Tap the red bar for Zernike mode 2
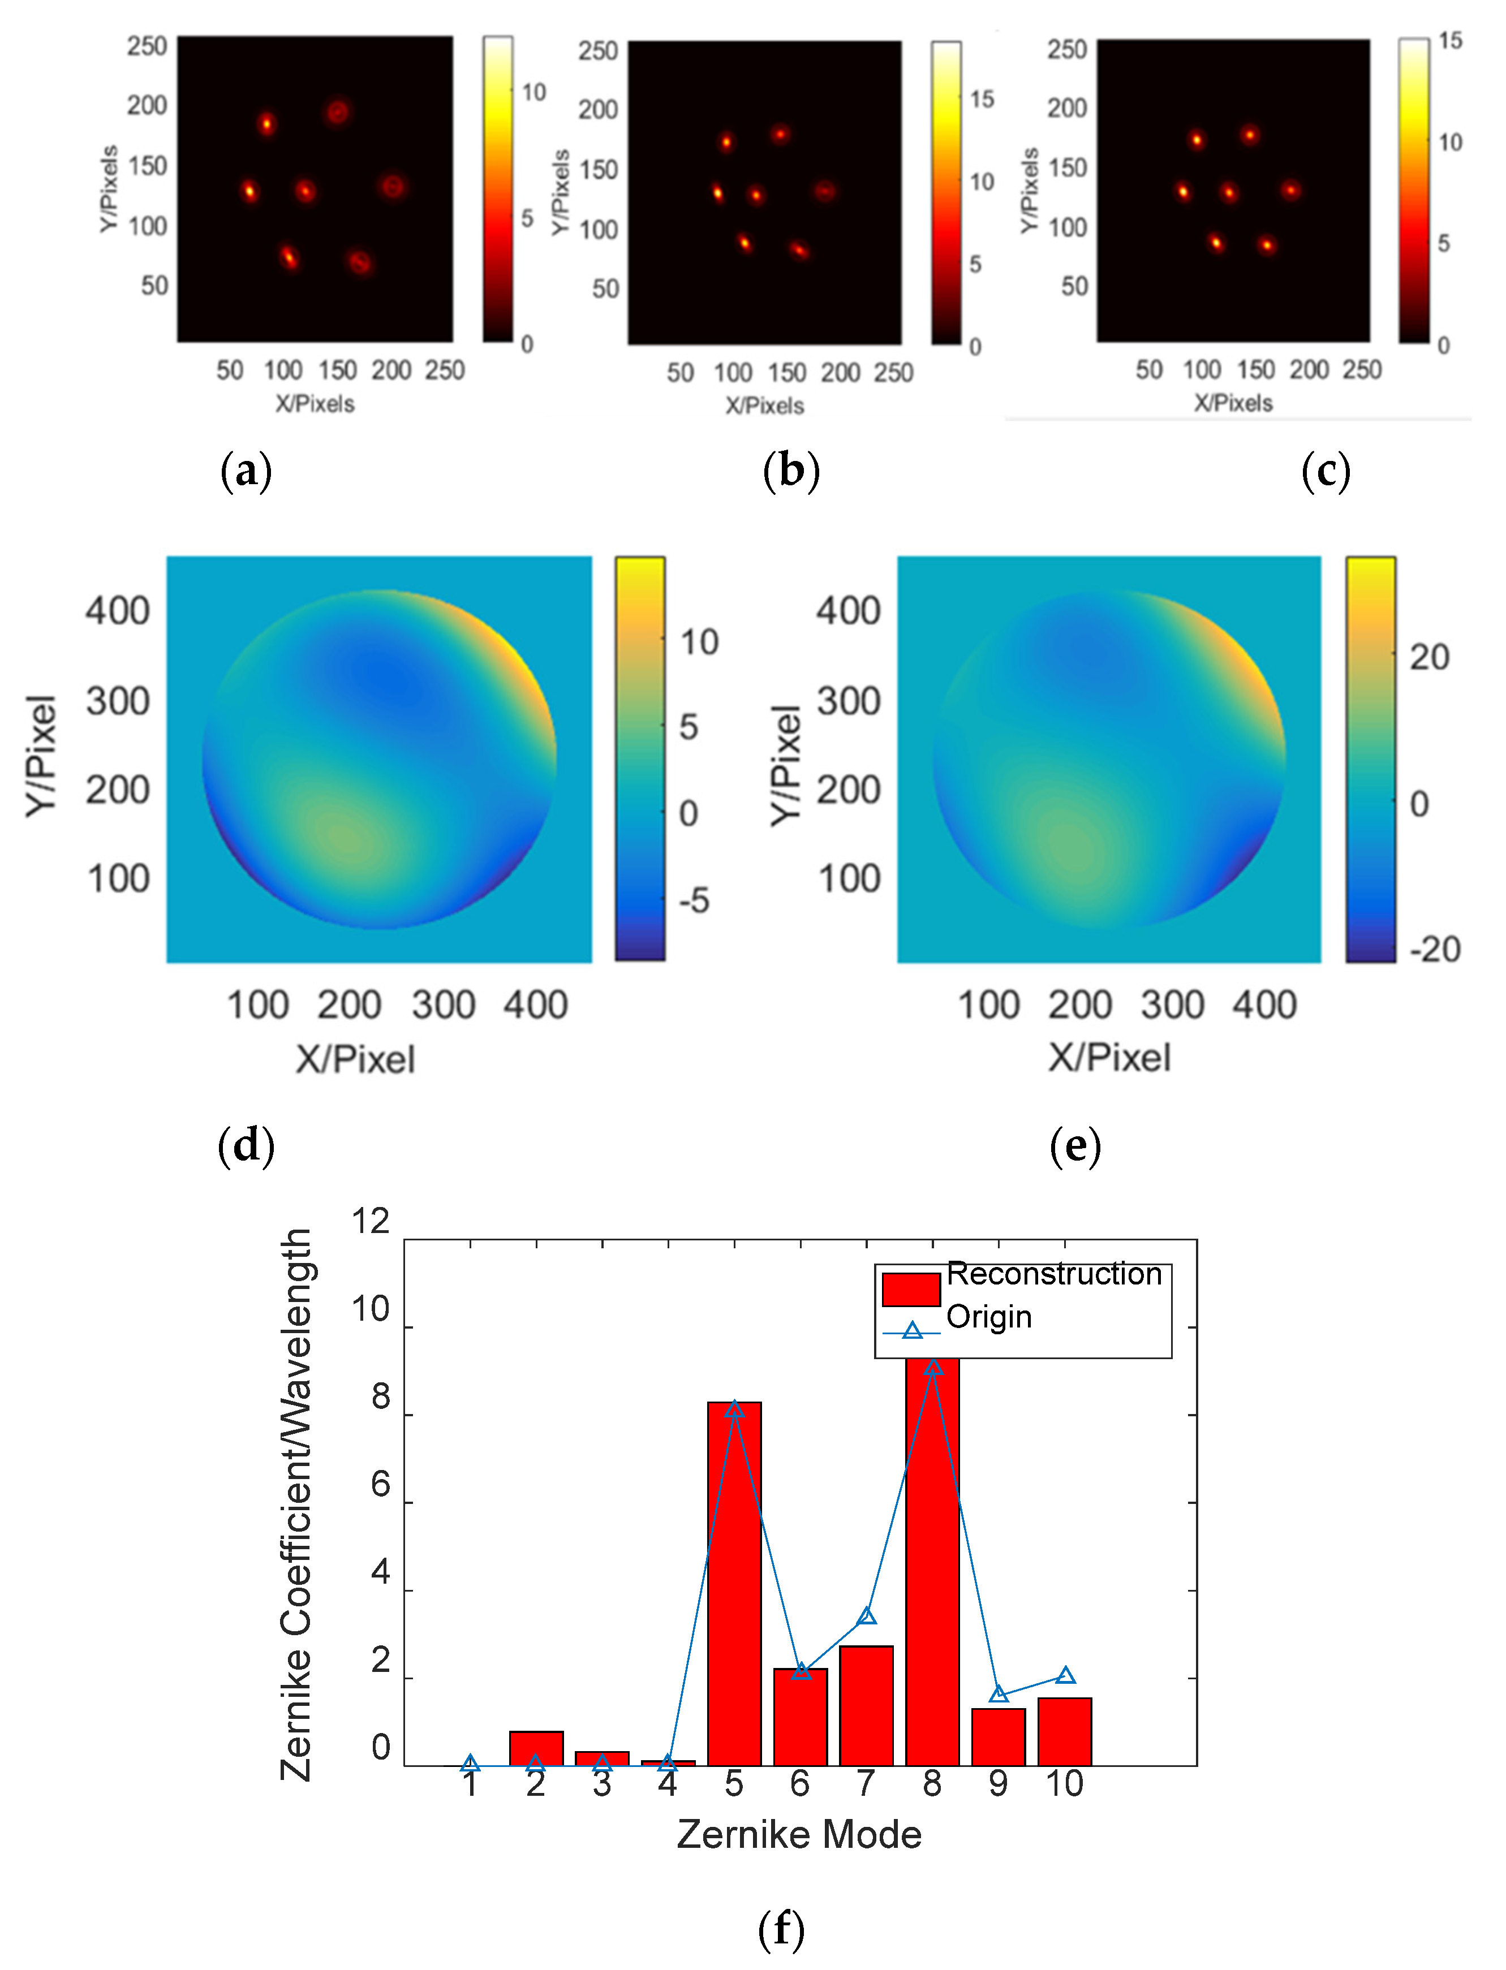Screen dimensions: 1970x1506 536,1748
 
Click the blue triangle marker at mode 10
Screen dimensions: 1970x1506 1065,1675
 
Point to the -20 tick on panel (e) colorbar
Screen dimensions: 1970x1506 1434,949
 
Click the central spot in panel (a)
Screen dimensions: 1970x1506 305,190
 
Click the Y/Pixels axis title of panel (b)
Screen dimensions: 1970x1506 560,193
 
